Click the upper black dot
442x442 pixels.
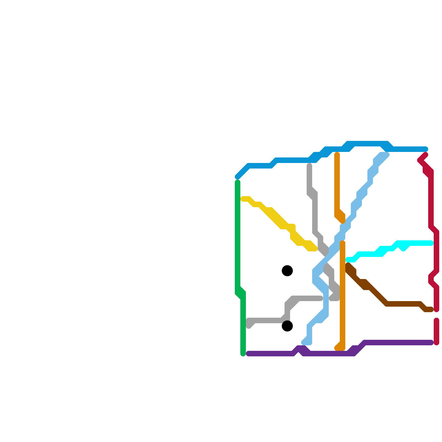(x=287, y=271)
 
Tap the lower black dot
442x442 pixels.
(x=287, y=326)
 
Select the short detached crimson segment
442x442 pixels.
(x=436, y=331)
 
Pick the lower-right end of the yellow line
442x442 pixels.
(x=315, y=249)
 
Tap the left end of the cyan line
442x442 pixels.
(x=348, y=260)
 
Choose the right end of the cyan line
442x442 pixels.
(x=432, y=243)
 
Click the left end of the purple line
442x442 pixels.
(x=248, y=354)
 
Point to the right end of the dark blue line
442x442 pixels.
(x=426, y=149)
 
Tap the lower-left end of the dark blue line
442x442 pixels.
(x=237, y=177)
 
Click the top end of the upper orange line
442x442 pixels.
(x=337, y=154)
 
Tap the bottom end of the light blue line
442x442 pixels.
(x=304, y=343)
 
